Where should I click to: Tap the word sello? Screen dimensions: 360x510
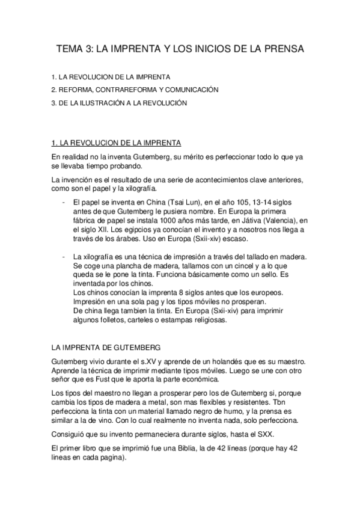pos(266,276)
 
